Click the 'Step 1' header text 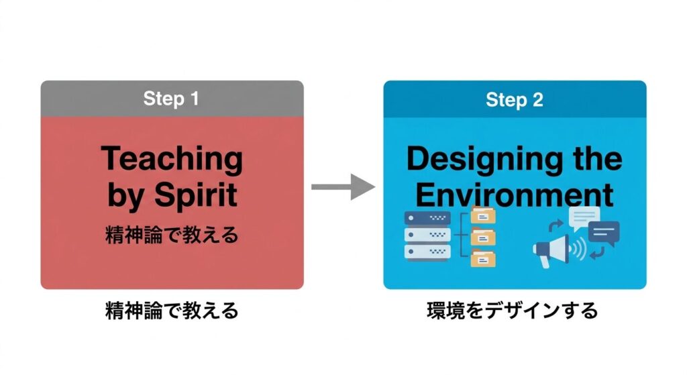tap(171, 99)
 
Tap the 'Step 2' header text tap(514, 100)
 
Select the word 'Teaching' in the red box tap(172, 160)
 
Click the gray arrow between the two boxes tap(342, 186)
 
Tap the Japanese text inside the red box tap(172, 236)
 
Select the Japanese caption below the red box tap(172, 311)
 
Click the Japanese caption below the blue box tap(512, 311)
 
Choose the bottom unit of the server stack tap(427, 253)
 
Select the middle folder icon tap(482, 237)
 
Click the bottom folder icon tap(482, 258)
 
